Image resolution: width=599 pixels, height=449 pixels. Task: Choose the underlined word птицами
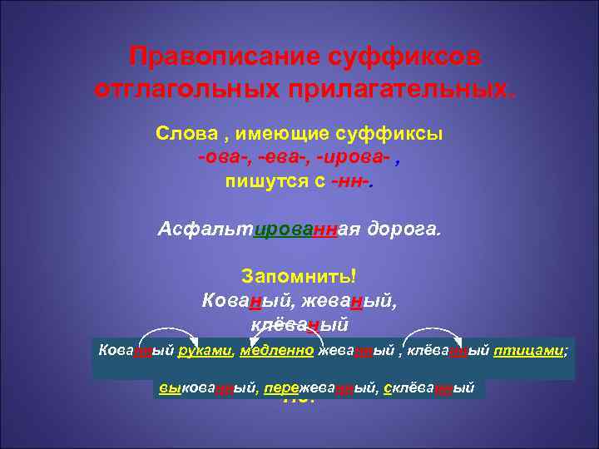pos(529,351)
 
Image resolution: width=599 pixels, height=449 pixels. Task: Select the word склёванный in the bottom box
pos(429,388)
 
